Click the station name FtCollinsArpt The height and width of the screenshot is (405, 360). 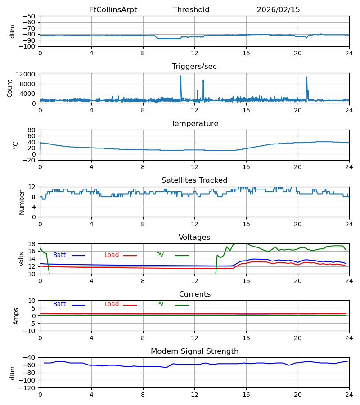113,10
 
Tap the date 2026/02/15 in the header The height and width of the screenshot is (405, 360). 278,10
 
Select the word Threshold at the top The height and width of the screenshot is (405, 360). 191,10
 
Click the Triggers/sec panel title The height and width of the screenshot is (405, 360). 194,67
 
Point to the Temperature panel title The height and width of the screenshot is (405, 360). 194,124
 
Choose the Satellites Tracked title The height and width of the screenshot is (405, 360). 194,180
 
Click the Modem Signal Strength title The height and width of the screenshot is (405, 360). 194,351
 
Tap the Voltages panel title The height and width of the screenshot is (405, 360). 194,238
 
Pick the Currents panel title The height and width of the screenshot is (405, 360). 194,294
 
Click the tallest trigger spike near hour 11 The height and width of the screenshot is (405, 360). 180,76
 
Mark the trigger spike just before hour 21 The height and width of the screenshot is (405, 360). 306,78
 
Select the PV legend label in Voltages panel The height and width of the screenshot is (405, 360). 160,255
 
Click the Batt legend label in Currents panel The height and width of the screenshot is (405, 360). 59,304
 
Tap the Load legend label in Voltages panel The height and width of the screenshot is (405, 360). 112,255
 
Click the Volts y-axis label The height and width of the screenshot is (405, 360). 22,259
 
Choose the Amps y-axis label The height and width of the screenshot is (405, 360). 16,316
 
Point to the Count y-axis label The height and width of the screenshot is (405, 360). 10,88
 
